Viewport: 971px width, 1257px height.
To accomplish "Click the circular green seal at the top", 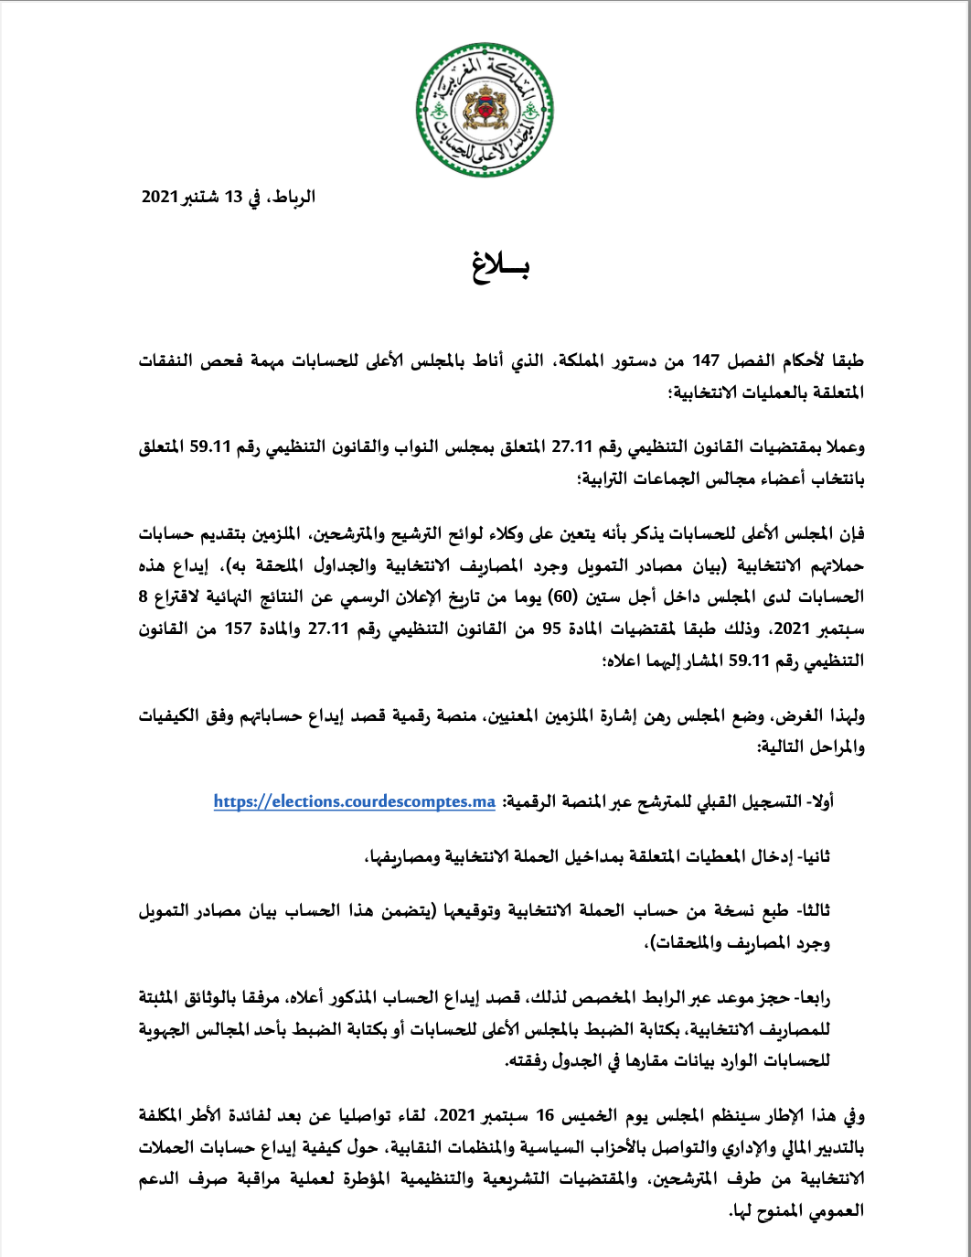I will pos(484,109).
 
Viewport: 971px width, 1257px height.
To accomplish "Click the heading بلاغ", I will pos(501,264).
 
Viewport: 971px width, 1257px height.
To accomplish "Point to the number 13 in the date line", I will pos(234,197).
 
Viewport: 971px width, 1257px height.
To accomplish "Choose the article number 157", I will pos(239,628).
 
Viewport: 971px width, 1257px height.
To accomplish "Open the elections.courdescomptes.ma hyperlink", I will pos(355,802).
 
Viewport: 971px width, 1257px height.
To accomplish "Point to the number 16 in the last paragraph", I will pos(546,1116).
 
